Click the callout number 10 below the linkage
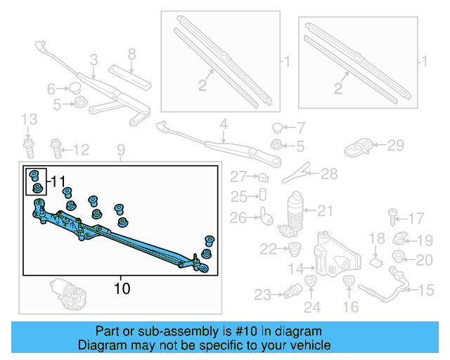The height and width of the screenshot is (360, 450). (122, 288)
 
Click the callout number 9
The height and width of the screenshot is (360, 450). (120, 150)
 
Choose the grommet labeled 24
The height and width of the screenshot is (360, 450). (311, 285)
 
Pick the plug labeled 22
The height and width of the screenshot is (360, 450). (294, 248)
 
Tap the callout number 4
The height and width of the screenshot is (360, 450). (224, 127)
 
